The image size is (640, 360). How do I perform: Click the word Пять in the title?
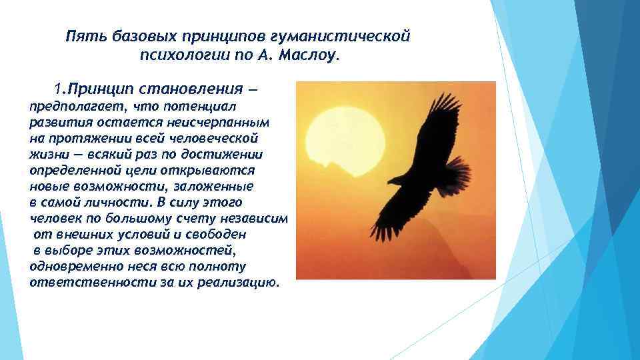pyautogui.click(x=82, y=35)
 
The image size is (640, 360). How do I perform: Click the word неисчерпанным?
pyautogui.click(x=220, y=123)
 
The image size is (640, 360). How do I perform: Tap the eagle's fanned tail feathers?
pyautogui.click(x=459, y=177)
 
